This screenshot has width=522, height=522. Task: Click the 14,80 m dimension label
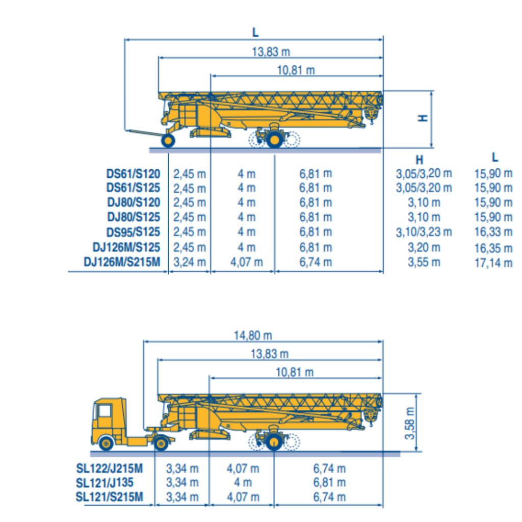(253, 335)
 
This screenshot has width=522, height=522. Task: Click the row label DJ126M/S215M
(122, 262)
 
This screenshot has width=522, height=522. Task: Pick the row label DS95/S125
(133, 232)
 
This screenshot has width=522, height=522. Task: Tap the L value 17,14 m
(493, 263)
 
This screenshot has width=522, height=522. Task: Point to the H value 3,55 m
(424, 263)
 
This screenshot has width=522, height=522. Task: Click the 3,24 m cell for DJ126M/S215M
(189, 263)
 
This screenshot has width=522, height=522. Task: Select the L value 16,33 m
(493, 232)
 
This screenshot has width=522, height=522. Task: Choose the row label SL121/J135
(109, 482)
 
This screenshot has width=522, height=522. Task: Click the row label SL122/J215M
(109, 468)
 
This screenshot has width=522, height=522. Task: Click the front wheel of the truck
(106, 443)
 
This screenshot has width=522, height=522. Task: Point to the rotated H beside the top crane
(423, 118)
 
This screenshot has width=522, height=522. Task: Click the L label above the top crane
(255, 32)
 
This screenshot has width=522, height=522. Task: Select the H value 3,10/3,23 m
(424, 232)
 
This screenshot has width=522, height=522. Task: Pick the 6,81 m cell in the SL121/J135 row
(329, 482)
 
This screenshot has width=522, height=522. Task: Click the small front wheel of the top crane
(168, 140)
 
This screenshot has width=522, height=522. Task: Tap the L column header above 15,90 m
(495, 158)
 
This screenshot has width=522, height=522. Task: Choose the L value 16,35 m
(493, 248)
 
